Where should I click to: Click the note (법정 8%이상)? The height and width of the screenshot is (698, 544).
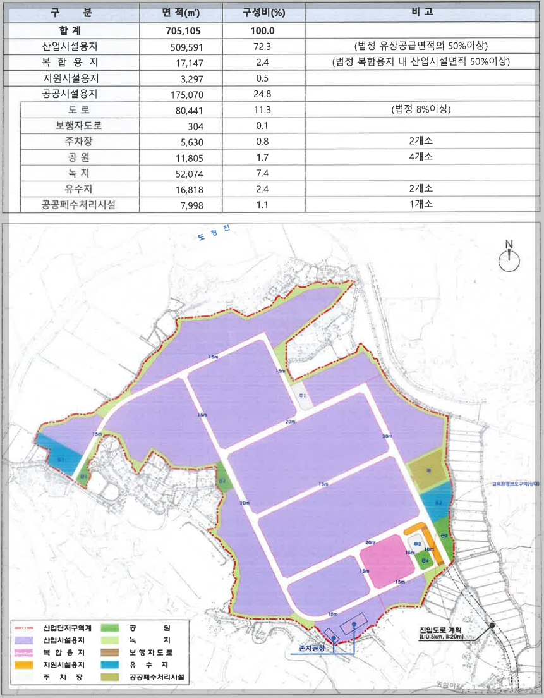[421, 109]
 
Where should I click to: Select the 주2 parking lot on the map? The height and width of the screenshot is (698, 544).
[415, 542]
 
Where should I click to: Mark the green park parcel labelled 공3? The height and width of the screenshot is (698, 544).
[444, 537]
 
